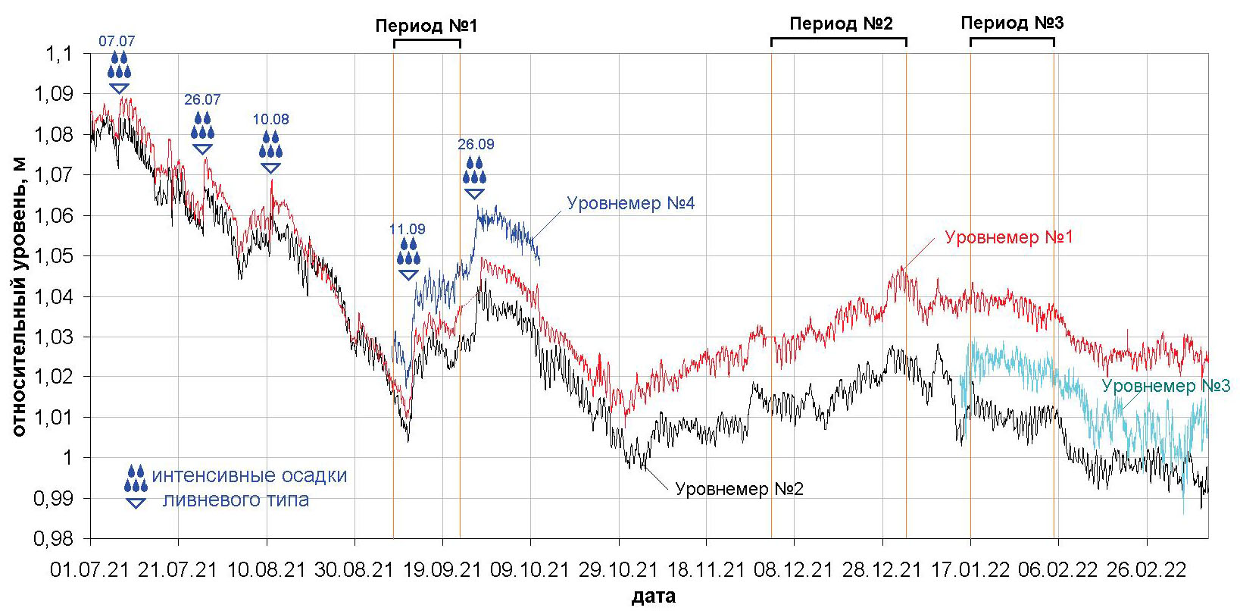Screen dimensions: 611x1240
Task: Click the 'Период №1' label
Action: [x=426, y=26]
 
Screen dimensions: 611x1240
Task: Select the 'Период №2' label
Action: [x=841, y=23]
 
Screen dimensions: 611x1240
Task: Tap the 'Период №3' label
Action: [x=1012, y=23]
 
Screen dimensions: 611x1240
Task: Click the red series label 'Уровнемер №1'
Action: [x=1009, y=237]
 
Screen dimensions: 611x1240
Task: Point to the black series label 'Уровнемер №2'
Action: [x=739, y=489]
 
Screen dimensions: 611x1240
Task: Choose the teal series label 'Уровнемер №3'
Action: [x=1166, y=386]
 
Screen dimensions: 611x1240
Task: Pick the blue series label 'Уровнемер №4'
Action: [x=631, y=203]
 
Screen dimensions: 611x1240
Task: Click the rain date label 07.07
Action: [x=117, y=42]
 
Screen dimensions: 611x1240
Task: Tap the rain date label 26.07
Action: [x=202, y=100]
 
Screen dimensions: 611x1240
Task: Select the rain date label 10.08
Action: [x=270, y=120]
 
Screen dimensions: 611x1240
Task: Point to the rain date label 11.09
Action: [x=408, y=229]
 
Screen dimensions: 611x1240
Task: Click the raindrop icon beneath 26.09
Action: [x=475, y=171]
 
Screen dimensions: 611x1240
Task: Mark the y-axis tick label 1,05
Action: [x=59, y=256]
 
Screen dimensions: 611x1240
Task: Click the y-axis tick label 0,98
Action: [x=59, y=539]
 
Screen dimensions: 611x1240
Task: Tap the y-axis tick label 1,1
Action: [x=64, y=54]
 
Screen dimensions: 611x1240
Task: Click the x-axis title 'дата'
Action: [x=654, y=597]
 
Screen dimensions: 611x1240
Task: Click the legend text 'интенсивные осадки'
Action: [x=249, y=476]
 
